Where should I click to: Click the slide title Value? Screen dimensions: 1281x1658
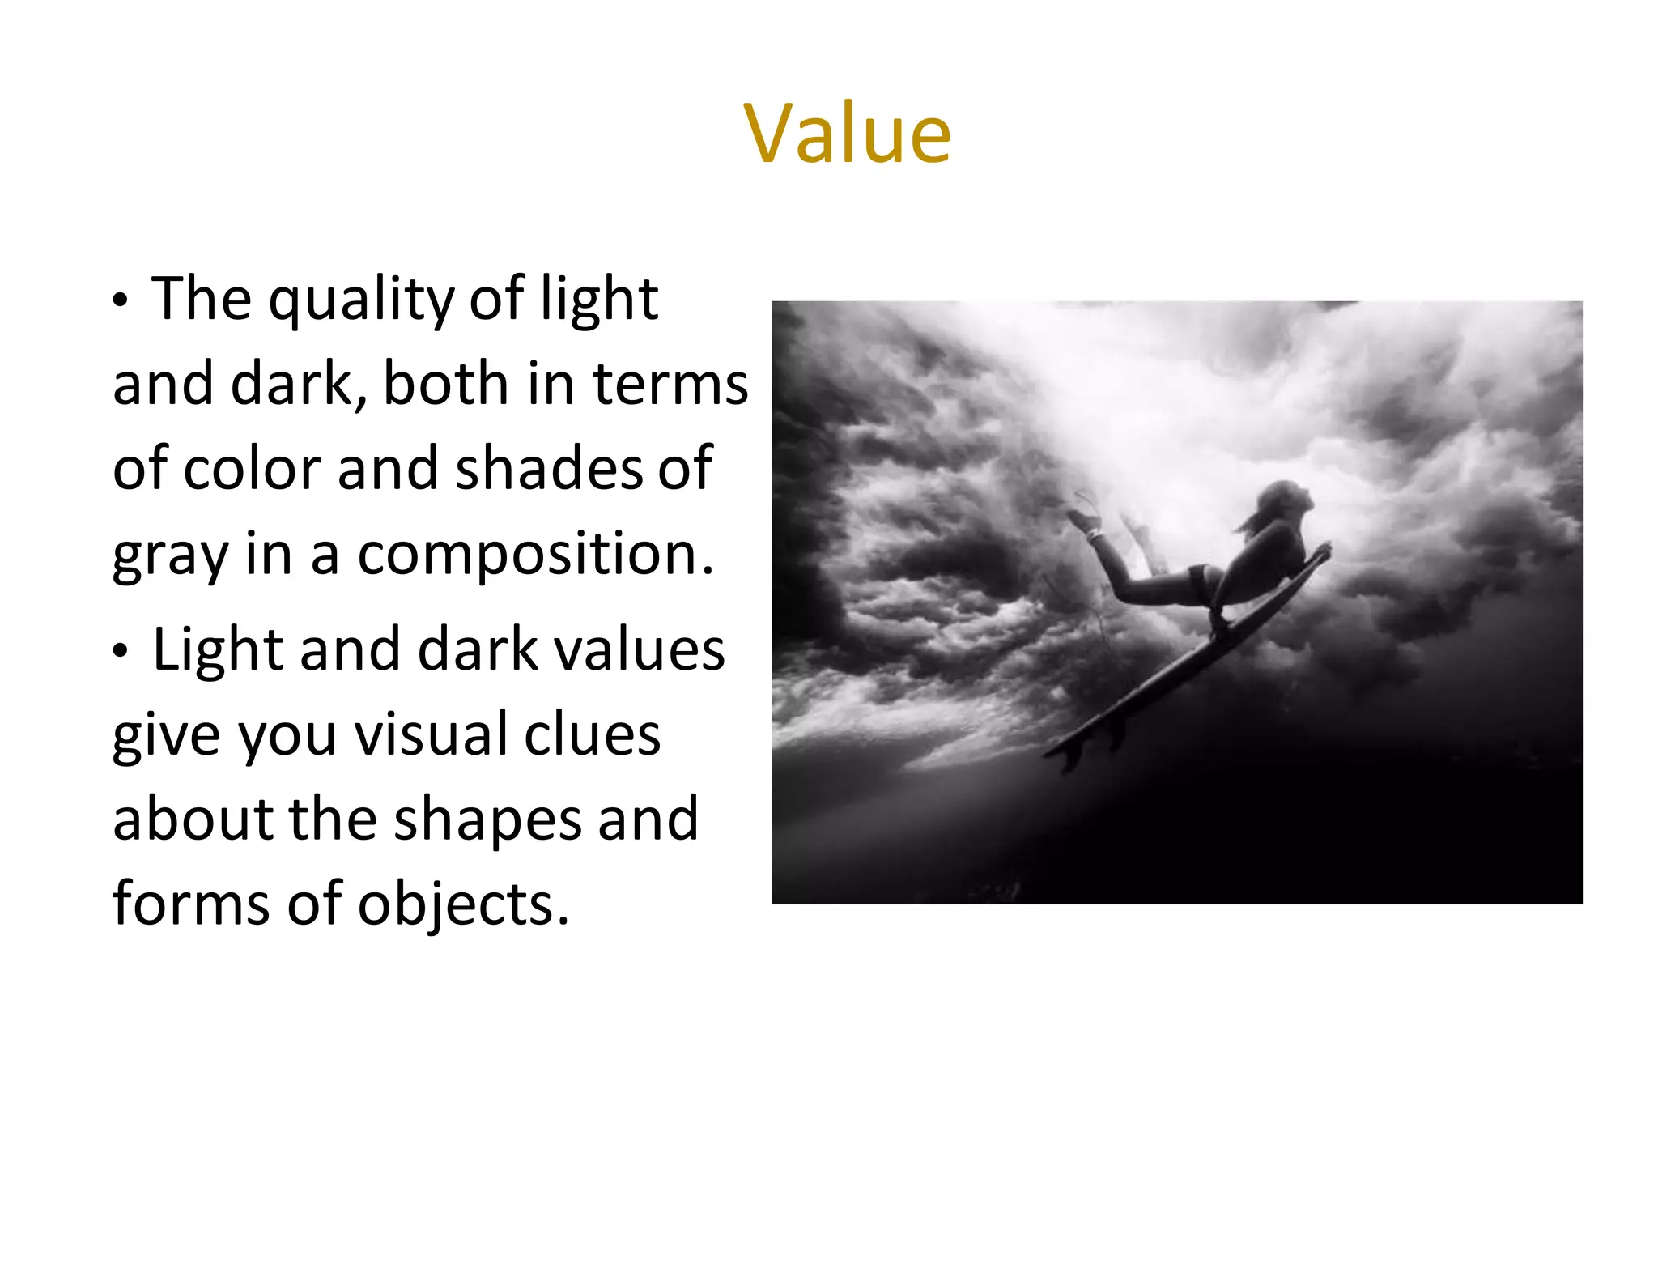(x=847, y=134)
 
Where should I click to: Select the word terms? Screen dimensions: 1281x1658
(x=670, y=384)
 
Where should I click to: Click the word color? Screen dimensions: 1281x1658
(x=253, y=469)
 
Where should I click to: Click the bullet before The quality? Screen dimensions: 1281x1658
(x=121, y=300)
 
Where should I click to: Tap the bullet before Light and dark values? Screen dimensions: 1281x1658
(x=121, y=651)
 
